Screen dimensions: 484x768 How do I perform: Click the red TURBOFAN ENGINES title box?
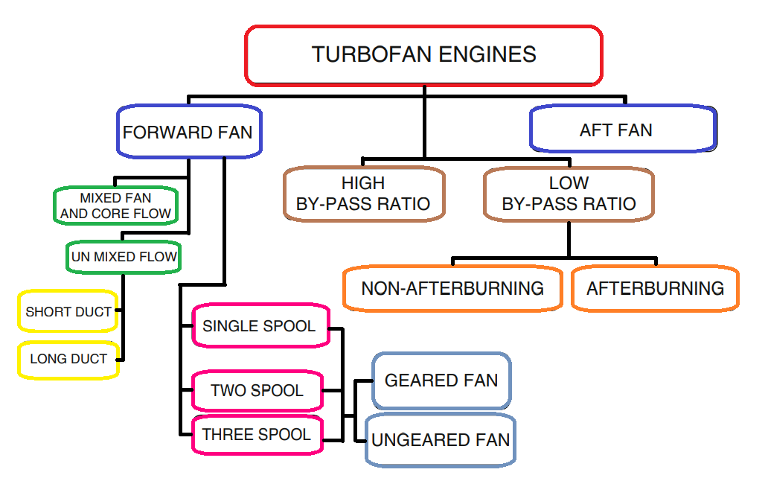423,55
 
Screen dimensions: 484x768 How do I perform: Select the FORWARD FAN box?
188,133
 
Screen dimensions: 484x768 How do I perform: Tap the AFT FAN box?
623,130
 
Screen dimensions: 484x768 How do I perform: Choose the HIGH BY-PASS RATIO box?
364,194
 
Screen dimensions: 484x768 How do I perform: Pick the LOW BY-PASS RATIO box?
569,194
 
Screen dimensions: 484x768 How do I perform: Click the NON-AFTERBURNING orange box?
452,288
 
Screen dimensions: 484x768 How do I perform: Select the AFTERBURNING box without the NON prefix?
655,288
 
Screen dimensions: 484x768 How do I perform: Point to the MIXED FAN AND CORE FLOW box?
115,206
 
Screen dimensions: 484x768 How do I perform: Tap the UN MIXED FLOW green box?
123,257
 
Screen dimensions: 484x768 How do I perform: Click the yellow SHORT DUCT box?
68,312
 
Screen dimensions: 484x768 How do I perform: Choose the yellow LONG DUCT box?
68,359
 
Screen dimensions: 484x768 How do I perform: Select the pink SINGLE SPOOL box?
260,326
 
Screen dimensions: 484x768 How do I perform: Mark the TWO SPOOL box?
257,390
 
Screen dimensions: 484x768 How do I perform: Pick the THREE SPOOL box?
257,435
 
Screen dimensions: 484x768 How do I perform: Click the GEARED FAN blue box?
441,380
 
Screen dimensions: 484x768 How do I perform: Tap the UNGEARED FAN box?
441,440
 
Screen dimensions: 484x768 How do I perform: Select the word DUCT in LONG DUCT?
89,359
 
